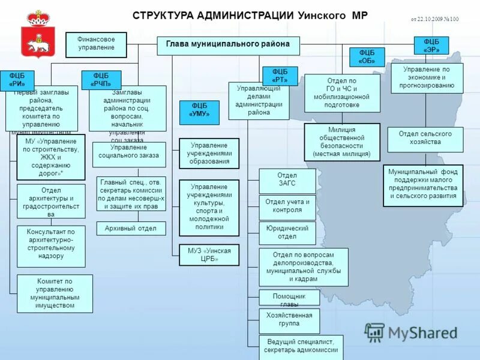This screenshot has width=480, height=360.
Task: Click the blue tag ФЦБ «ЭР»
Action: coord(431,46)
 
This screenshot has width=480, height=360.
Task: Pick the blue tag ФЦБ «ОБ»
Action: coord(367,57)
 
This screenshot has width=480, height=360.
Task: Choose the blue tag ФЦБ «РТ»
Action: coord(280,76)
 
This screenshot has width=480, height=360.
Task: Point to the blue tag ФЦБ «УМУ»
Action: coord(199,112)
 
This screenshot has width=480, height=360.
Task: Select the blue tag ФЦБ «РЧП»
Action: coord(101,80)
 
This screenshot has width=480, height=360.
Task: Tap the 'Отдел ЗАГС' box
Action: coord(287,181)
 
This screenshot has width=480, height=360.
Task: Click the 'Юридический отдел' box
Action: coord(287,232)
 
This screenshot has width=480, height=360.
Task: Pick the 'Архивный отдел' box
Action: coord(131,229)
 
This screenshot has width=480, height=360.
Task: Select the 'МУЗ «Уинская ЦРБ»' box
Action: coord(209,255)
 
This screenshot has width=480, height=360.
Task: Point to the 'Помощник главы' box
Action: coord(289,298)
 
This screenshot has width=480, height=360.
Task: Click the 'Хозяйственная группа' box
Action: coord(289,320)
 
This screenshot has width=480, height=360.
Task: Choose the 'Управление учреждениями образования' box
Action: coord(209,153)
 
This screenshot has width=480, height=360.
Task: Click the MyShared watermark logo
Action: coord(412,332)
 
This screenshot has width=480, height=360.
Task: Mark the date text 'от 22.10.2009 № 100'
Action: coord(434,19)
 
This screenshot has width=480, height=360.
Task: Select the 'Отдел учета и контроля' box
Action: coord(287,207)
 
